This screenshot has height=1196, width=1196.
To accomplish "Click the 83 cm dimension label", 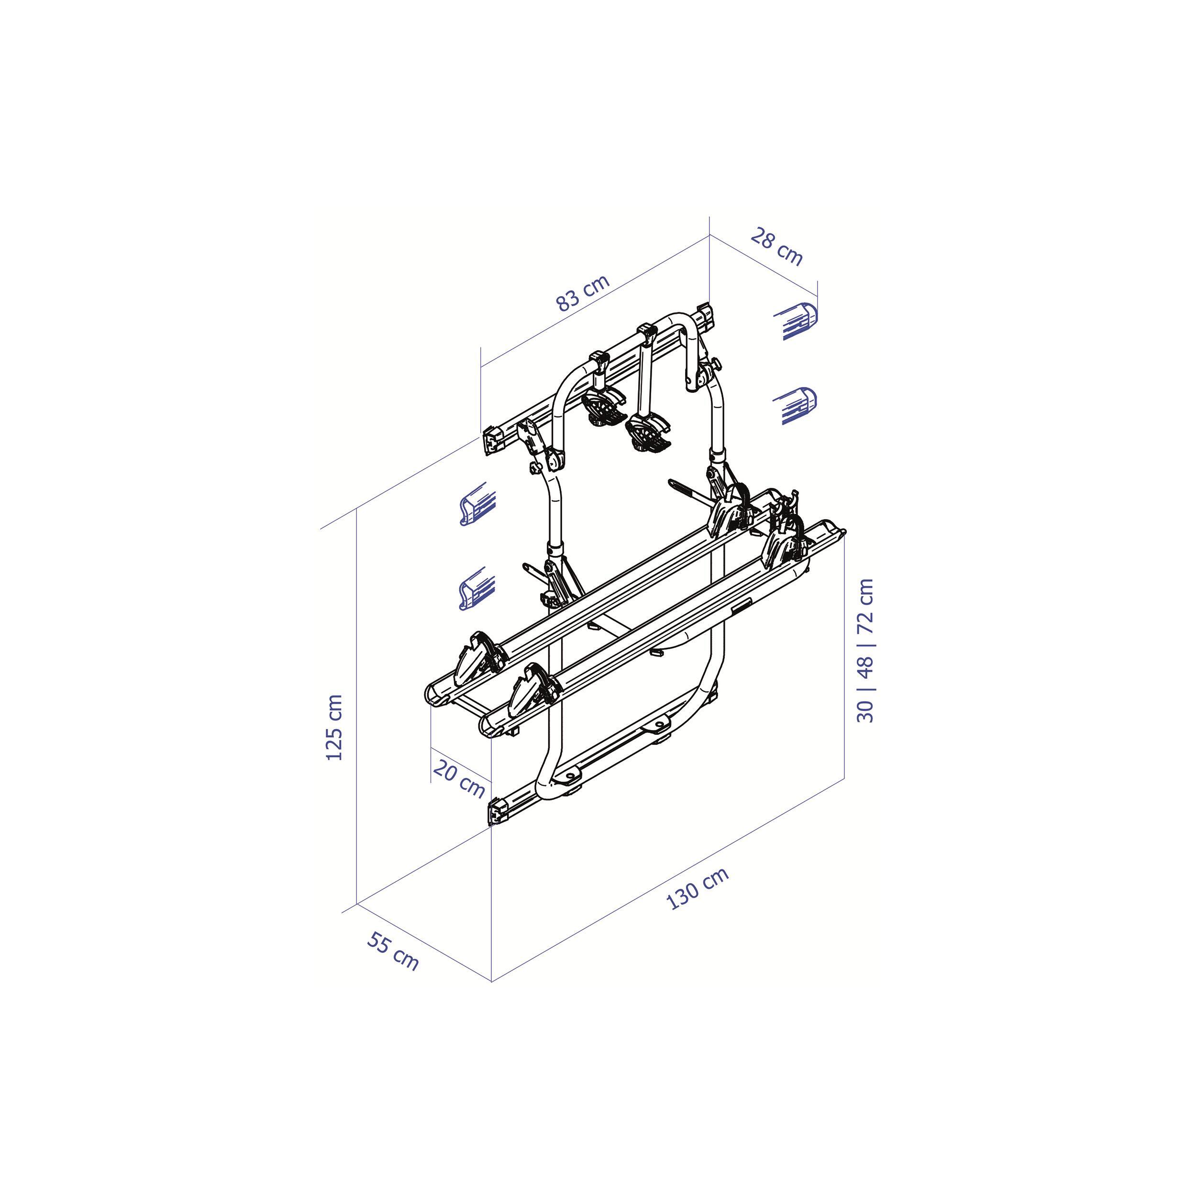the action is [x=583, y=292].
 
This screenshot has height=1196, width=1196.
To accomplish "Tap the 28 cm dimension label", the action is [x=777, y=246].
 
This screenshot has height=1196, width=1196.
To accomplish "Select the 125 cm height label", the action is [x=334, y=727].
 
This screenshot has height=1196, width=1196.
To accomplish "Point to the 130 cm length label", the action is [x=698, y=889].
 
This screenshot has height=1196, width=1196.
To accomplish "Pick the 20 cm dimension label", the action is [x=459, y=779].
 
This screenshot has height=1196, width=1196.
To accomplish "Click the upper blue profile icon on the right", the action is [x=796, y=321].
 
